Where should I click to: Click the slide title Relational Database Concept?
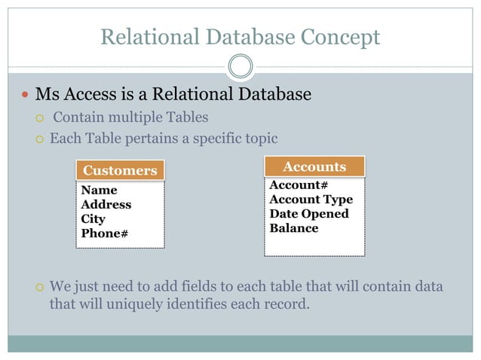pyautogui.click(x=240, y=35)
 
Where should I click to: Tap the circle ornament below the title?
pyautogui.click(x=240, y=67)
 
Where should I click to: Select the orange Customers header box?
pyautogui.click(x=120, y=170)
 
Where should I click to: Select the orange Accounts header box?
pyautogui.click(x=314, y=166)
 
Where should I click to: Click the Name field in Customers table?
pyautogui.click(x=99, y=191)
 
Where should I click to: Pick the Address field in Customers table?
pyautogui.click(x=106, y=205)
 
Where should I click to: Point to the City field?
pyautogui.click(x=93, y=219)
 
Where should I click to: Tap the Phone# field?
pyautogui.click(x=104, y=233)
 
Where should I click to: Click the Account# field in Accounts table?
pyautogui.click(x=299, y=185)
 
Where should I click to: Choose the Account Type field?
pyautogui.click(x=311, y=200)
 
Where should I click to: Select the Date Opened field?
pyautogui.click(x=309, y=214)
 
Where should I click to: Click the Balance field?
pyautogui.click(x=294, y=228)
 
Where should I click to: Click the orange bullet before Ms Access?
pyautogui.click(x=25, y=96)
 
